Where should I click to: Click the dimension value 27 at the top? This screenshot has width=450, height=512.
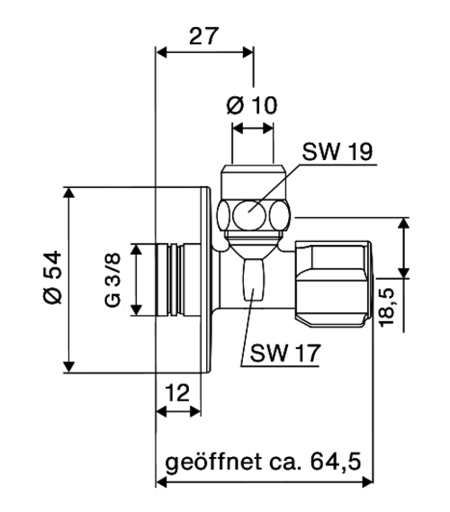tap(203, 36)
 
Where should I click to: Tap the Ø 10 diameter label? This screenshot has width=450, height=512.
tap(252, 105)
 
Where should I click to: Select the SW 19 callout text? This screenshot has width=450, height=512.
tap(337, 151)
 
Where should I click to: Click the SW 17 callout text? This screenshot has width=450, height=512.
tap(285, 353)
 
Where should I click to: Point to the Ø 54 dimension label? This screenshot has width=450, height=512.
tap(52, 277)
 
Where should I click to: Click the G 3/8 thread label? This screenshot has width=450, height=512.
tap(113, 280)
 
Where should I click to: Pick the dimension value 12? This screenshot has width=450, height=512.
tap(177, 392)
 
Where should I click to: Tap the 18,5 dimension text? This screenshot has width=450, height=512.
tap(387, 307)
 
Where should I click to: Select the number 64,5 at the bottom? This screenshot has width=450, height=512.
tap(336, 462)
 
